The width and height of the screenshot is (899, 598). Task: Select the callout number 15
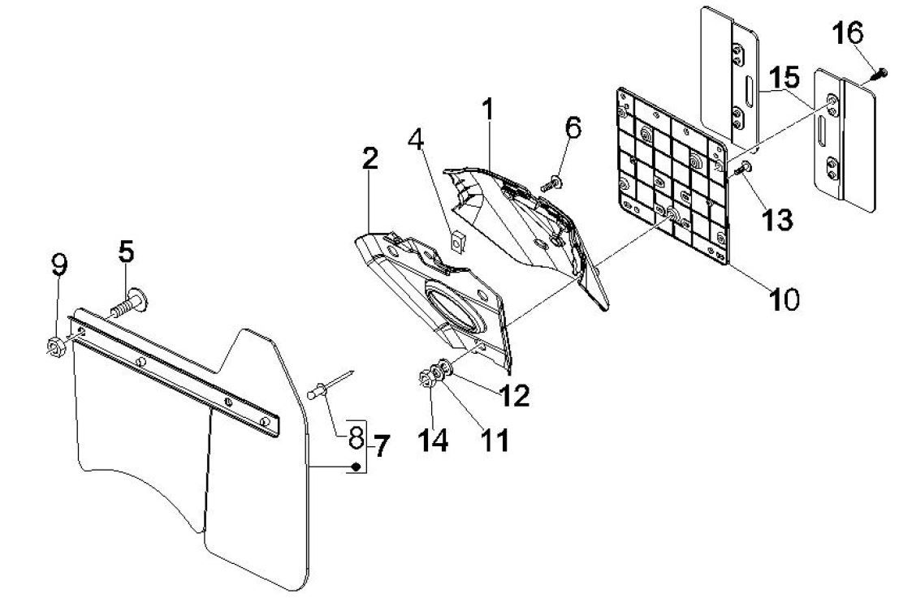click(785, 79)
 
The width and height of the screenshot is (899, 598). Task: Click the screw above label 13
click(742, 169)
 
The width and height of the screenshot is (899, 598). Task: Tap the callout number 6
click(573, 127)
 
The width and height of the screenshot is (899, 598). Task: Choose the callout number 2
click(370, 159)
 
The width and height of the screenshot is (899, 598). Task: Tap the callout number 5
click(126, 252)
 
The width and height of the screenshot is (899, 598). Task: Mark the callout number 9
click(59, 265)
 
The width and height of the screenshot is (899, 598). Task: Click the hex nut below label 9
click(56, 346)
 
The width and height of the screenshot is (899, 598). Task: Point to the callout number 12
click(515, 395)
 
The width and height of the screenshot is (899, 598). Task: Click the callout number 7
click(380, 445)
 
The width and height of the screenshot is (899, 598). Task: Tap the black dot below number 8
click(355, 466)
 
